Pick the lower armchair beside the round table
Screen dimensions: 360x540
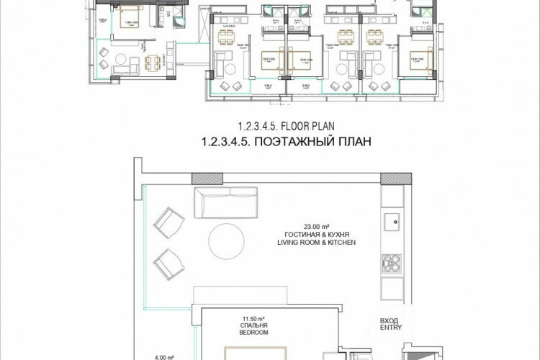point(169,263)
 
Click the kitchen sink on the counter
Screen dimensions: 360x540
point(393,220)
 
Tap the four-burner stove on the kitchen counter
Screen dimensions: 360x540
point(393,263)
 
